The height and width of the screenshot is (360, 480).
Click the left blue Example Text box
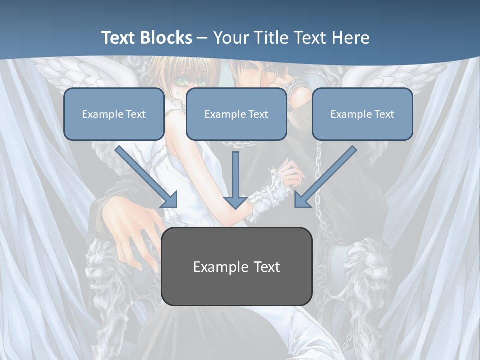114,114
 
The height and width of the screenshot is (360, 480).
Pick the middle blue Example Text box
236,114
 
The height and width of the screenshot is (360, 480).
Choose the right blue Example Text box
362,114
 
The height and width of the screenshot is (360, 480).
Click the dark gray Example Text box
237,266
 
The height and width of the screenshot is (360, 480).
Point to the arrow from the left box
147,177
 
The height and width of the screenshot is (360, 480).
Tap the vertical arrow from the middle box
236,180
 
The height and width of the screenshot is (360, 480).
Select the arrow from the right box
325,177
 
